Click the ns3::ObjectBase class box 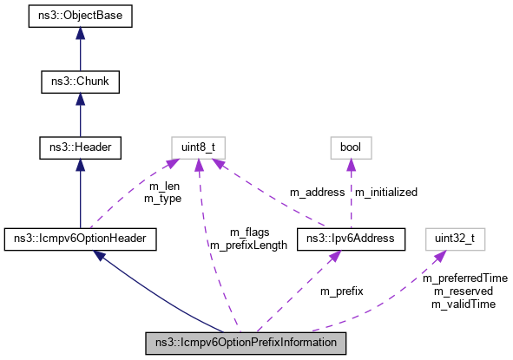pyautogui.click(x=80, y=16)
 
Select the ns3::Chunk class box pyautogui.click(x=80, y=82)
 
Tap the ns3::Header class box pyautogui.click(x=80, y=148)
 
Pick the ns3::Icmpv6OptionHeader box pyautogui.click(x=80, y=237)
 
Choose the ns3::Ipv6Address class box pyautogui.click(x=345, y=237)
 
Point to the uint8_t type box pyautogui.click(x=198, y=148)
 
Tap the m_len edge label pyautogui.click(x=165, y=187)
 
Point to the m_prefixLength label pyautogui.click(x=248, y=245)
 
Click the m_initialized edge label pyautogui.click(x=385, y=192)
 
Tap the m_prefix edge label pyautogui.click(x=341, y=291)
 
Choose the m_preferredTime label pyautogui.click(x=464, y=278)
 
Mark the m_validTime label pyautogui.click(x=464, y=304)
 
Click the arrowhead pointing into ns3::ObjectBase pyautogui.click(x=80, y=32)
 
